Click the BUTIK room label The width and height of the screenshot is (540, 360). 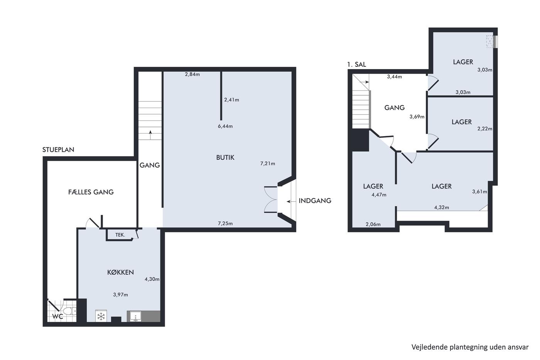click(x=225, y=158)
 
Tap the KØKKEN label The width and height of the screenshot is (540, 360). click(x=120, y=272)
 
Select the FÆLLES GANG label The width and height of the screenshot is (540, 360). click(x=91, y=192)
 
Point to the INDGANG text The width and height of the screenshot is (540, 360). click(x=315, y=201)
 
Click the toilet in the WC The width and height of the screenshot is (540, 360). click(x=69, y=311)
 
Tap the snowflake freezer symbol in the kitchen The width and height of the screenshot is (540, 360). click(x=101, y=316)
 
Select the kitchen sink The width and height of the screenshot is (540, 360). click(x=135, y=316)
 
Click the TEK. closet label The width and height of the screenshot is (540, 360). click(x=120, y=235)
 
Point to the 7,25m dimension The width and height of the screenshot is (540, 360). click(x=225, y=223)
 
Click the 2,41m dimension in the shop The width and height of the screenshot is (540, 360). click(x=231, y=100)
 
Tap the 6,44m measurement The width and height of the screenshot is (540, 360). click(x=225, y=126)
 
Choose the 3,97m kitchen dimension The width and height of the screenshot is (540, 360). click(x=120, y=295)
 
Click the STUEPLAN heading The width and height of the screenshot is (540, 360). click(x=58, y=150)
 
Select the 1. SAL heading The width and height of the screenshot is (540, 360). click(x=356, y=64)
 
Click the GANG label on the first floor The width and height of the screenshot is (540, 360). click(x=394, y=108)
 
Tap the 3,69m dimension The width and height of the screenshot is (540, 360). click(x=417, y=117)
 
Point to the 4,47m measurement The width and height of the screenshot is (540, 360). click(x=379, y=195)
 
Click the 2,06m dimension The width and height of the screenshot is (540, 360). click(x=373, y=224)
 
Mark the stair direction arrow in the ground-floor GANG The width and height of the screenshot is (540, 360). click(x=150, y=135)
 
